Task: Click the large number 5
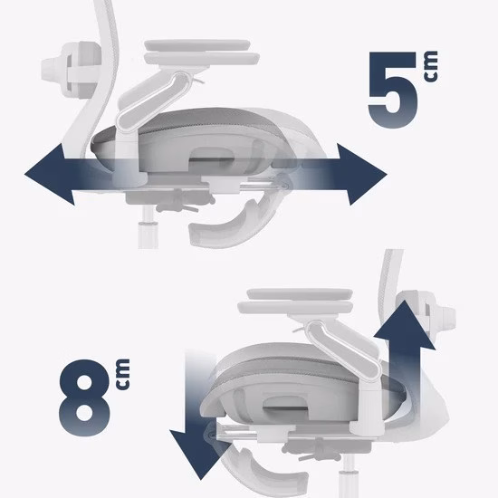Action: [393, 90]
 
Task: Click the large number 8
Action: [85, 397]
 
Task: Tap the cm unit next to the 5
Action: [430, 66]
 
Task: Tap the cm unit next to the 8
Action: [123, 375]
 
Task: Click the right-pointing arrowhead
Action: [362, 175]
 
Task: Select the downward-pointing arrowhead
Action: [200, 455]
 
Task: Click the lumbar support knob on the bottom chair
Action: [442, 320]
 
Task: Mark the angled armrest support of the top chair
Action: [153, 101]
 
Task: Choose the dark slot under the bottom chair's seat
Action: [286, 403]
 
